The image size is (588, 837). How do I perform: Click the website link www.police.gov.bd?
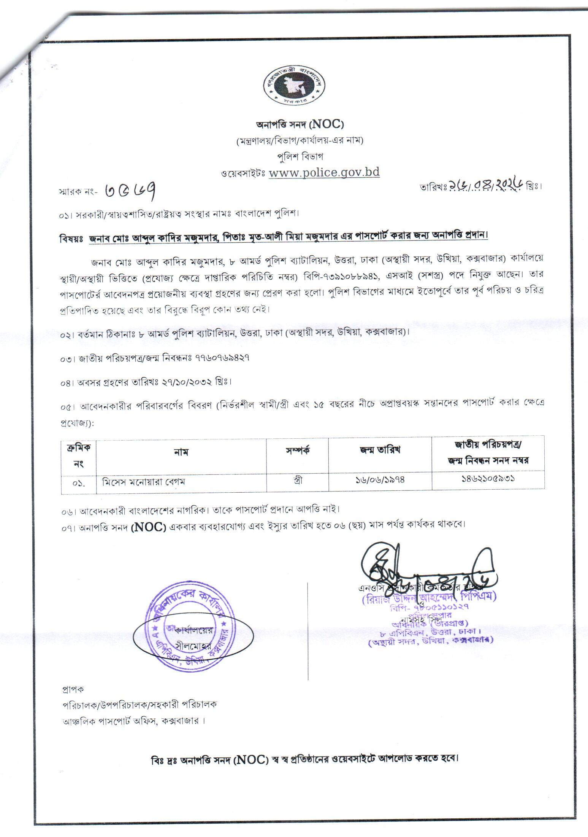[324, 172]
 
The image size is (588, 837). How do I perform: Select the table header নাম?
[181, 452]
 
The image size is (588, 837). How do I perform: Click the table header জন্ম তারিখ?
[380, 450]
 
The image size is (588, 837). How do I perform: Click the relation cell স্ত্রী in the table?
[298, 480]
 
